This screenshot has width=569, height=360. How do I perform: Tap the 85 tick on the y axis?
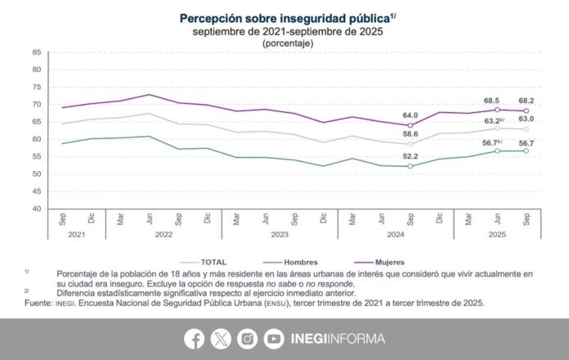(x=36, y=52)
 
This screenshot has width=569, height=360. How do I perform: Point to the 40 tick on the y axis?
(x=36, y=209)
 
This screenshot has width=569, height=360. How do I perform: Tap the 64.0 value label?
(x=409, y=115)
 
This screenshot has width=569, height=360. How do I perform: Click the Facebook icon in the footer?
(x=195, y=338)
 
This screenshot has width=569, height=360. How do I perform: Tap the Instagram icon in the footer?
(x=247, y=338)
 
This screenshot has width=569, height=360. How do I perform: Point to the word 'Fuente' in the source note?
(x=41, y=302)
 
